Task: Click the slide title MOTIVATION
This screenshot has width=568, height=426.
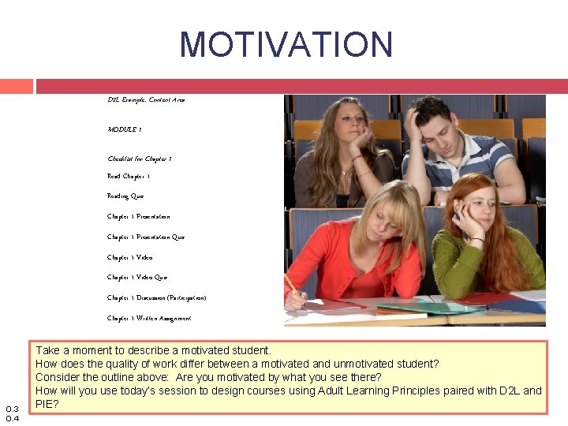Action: [286, 45]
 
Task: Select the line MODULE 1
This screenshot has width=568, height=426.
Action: [125, 129]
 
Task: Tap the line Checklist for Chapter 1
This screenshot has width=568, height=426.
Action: [140, 159]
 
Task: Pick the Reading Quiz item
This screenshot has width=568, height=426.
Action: [125, 196]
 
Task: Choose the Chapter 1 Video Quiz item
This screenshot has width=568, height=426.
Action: [137, 278]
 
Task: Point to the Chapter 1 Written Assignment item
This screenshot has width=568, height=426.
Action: [149, 318]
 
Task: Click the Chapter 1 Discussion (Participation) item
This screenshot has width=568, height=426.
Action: [157, 297]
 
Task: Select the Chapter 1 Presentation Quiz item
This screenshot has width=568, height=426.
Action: [146, 237]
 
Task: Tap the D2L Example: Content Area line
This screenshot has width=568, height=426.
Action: [147, 100]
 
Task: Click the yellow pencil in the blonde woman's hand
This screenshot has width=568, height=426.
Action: [291, 285]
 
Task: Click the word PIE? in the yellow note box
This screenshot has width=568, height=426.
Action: [48, 404]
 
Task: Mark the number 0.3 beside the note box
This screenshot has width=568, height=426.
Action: [12, 408]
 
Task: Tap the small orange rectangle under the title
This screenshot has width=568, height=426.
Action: [16, 86]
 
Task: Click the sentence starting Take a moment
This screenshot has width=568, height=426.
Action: [153, 350]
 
